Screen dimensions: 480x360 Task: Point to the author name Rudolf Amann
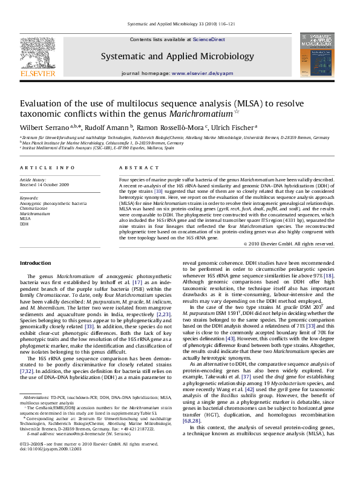tap(105, 127)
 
